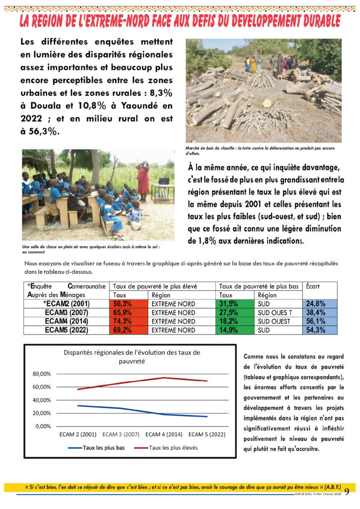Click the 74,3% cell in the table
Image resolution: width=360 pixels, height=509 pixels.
pyautogui.click(x=122, y=321)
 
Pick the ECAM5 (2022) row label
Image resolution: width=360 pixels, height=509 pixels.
pyautogui.click(x=66, y=330)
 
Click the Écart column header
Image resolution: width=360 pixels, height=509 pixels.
pyautogui.click(x=313, y=286)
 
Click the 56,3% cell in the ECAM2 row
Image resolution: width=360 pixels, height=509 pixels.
pyautogui.click(x=122, y=304)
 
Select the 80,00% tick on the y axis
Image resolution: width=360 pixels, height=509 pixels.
pyautogui.click(x=42, y=374)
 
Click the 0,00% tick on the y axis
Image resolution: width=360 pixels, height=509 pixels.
pyautogui.click(x=43, y=426)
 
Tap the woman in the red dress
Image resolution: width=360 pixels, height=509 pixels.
pyautogui.click(x=143, y=177)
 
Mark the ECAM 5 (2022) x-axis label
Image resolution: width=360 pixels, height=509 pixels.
pyautogui.click(x=207, y=434)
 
